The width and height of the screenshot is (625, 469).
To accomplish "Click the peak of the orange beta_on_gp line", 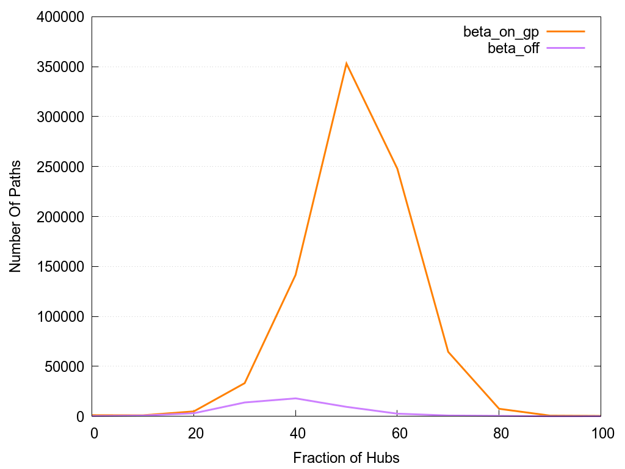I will click(x=346, y=64).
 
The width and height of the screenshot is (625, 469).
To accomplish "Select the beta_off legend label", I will click(x=513, y=49).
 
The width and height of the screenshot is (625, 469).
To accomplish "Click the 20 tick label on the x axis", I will click(x=195, y=433).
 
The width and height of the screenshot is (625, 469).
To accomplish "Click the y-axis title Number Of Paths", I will click(x=15, y=217).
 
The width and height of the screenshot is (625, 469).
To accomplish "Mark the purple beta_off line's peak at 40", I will click(x=295, y=398).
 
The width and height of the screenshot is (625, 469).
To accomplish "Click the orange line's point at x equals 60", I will click(x=397, y=168).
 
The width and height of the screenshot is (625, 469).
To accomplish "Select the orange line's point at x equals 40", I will click(x=295, y=275).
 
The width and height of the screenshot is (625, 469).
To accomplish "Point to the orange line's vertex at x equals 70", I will click(x=448, y=352).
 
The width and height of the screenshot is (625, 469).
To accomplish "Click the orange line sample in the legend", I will click(x=566, y=31).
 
